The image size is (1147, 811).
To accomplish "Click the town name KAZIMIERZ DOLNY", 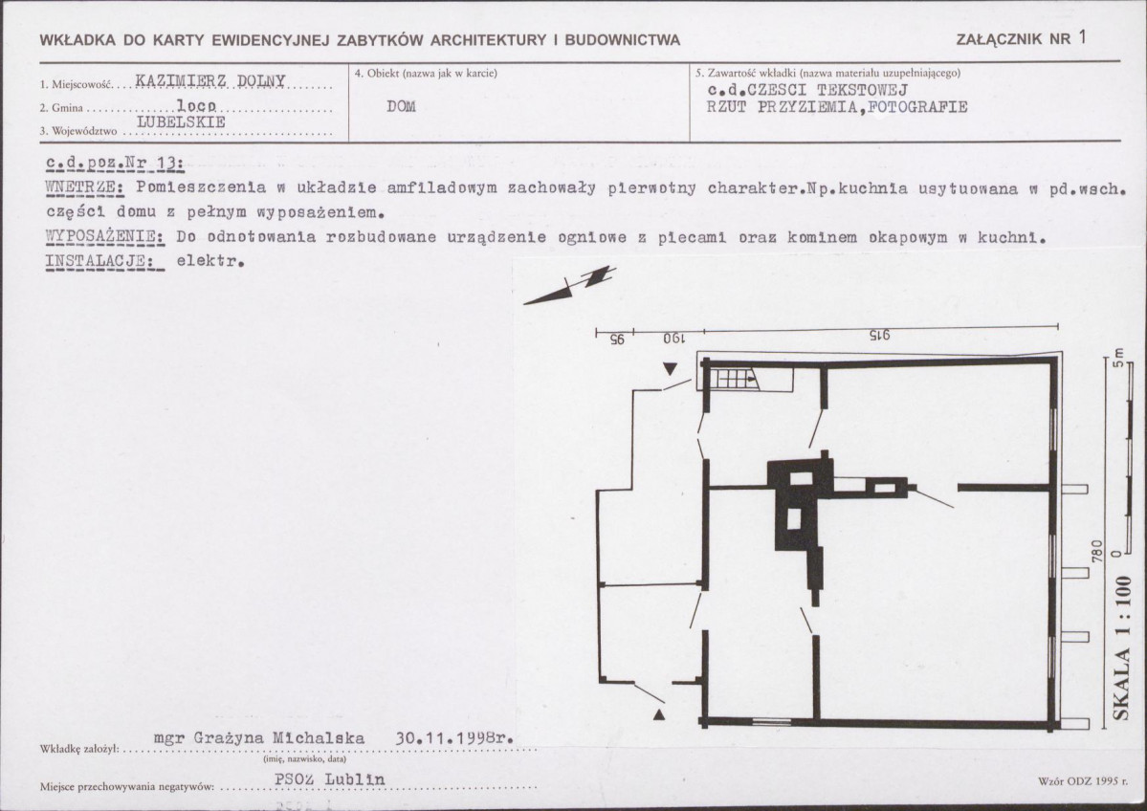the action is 210,80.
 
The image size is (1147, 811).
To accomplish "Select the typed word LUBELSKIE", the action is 182,122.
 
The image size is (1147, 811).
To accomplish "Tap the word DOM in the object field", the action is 401,107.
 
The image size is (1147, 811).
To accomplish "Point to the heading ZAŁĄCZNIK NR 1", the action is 1021,39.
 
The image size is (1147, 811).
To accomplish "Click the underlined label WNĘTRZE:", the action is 85,188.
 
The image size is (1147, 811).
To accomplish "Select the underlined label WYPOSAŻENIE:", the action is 104,238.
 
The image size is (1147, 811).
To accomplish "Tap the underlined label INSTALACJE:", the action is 104,262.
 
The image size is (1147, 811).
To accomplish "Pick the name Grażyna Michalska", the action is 278,738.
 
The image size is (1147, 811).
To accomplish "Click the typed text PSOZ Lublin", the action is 329,779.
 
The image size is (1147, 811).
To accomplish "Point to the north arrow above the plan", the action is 569,286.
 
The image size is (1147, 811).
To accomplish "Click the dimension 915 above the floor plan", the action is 879,337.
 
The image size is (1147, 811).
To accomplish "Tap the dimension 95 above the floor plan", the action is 617,340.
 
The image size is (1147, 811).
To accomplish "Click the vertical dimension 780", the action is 1096,552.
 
